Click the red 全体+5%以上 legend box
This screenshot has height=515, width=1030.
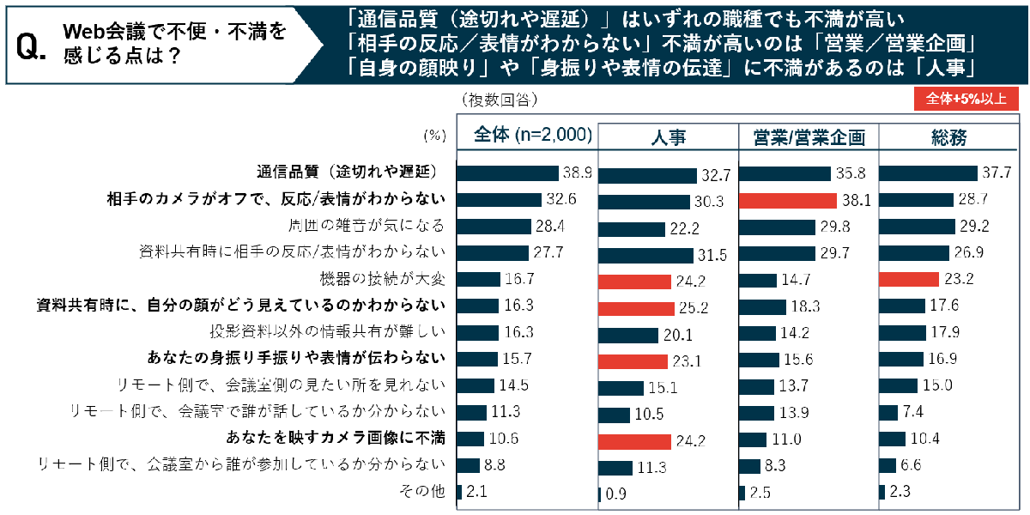966,100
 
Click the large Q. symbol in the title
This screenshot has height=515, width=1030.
32,50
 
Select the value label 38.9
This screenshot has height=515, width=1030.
577,173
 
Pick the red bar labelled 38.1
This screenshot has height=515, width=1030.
787,201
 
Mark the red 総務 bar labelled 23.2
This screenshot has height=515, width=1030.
909,280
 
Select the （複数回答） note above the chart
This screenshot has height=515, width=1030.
500,100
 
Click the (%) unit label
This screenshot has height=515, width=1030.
436,136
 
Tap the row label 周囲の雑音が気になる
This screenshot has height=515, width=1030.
367,226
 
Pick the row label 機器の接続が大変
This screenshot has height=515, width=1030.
381,279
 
